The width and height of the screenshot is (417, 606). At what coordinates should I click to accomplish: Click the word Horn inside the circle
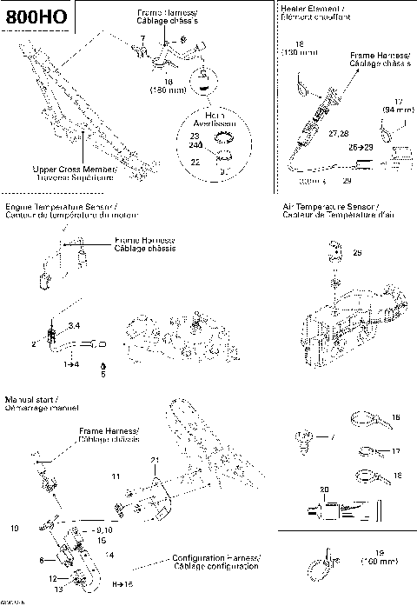click(x=215, y=114)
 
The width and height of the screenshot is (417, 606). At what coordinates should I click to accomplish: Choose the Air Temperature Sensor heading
click(x=332, y=205)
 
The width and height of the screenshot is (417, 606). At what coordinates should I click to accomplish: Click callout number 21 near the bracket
click(x=154, y=459)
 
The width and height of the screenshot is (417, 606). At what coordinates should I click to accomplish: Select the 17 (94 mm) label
click(x=397, y=105)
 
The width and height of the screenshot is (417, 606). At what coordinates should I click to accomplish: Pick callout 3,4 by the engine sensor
click(x=74, y=324)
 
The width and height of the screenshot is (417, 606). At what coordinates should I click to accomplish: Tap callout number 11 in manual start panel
click(x=115, y=476)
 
